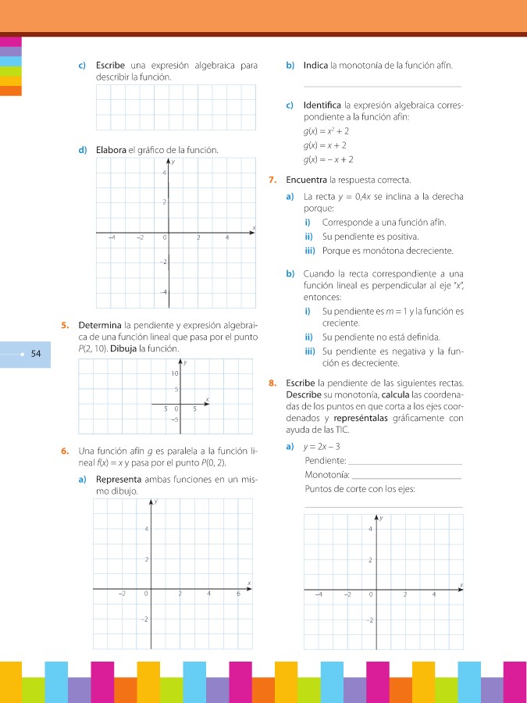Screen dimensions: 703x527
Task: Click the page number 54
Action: pyautogui.click(x=36, y=354)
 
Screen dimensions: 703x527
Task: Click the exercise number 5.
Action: pyautogui.click(x=63, y=324)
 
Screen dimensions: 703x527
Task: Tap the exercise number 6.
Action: pyautogui.click(x=63, y=451)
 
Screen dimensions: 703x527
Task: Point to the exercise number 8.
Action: pyautogui.click(x=271, y=383)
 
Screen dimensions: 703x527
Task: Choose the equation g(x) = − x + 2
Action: pyautogui.click(x=328, y=159)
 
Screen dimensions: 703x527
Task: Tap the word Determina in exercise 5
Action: pyautogui.click(x=100, y=324)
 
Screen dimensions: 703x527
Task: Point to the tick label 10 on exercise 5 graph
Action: pyautogui.click(x=175, y=374)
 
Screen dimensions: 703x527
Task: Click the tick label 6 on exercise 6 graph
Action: pyautogui.click(x=237, y=594)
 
